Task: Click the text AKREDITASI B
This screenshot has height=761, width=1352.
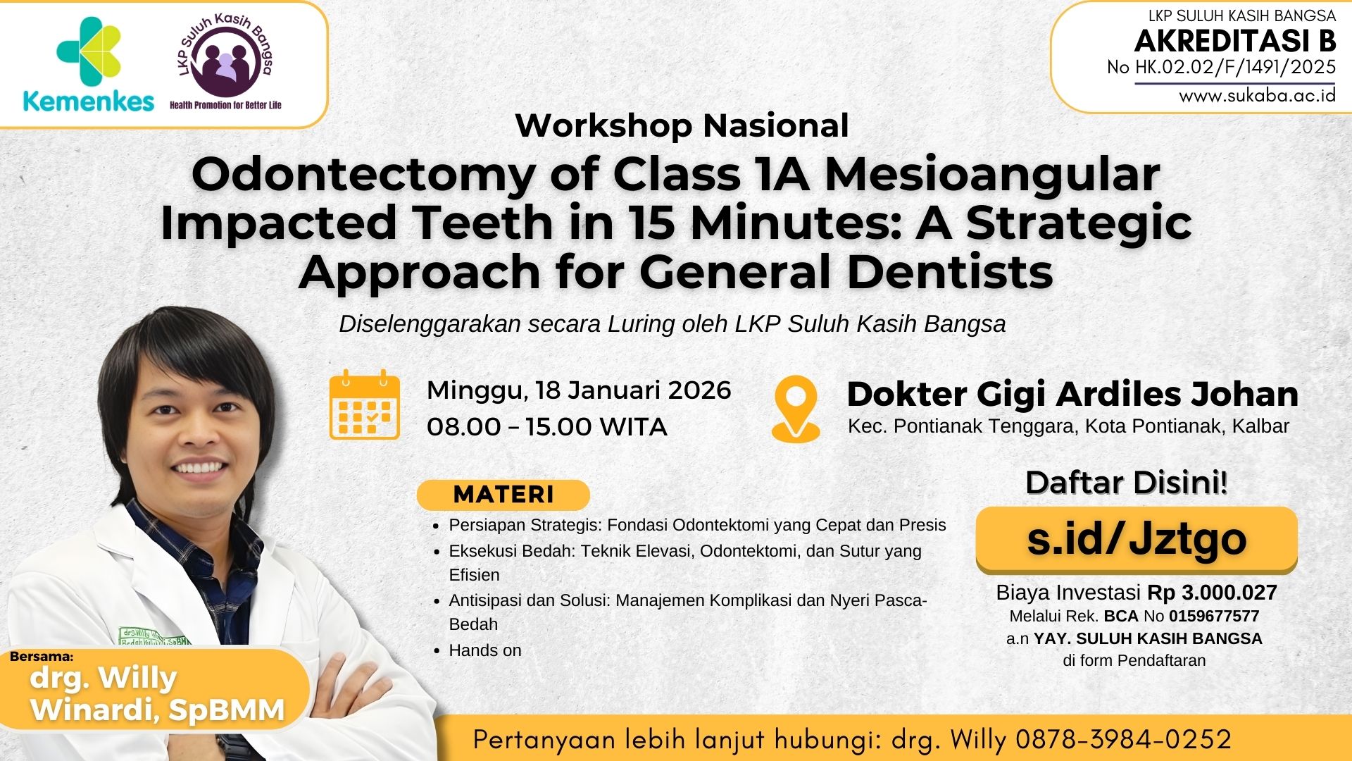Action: coord(1235,42)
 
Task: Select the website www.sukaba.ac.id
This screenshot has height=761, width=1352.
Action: coord(1257,96)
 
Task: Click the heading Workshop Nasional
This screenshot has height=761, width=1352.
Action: coord(682,125)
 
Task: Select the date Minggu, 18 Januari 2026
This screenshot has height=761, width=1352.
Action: coord(579,390)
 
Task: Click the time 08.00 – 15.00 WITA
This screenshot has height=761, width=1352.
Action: coord(546,426)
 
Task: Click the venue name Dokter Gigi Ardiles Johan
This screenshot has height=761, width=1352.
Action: coord(1072,394)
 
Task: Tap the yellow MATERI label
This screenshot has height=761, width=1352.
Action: coord(503,495)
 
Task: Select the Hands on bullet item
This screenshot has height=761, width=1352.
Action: coord(485,650)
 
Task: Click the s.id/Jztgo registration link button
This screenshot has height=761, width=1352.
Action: coord(1136,539)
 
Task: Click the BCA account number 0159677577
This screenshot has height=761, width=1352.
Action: coord(1213,617)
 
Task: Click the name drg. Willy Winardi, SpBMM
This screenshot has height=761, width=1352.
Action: coord(157,694)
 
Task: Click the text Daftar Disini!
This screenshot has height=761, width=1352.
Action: coord(1126,483)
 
